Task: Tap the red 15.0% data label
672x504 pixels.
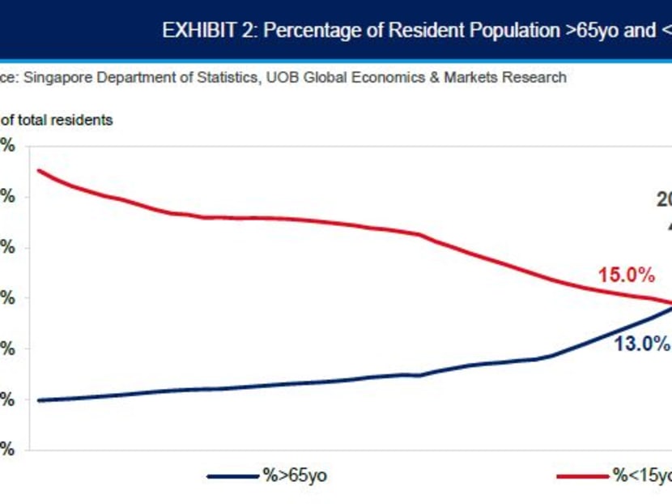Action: click(626, 275)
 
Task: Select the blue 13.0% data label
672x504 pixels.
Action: click(641, 344)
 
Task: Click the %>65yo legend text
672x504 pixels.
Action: click(295, 476)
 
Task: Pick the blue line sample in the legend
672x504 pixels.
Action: click(232, 476)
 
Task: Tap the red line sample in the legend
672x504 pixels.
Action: click(581, 476)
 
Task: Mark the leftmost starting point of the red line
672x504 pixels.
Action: click(39, 170)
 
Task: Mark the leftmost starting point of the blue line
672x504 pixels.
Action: click(39, 400)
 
